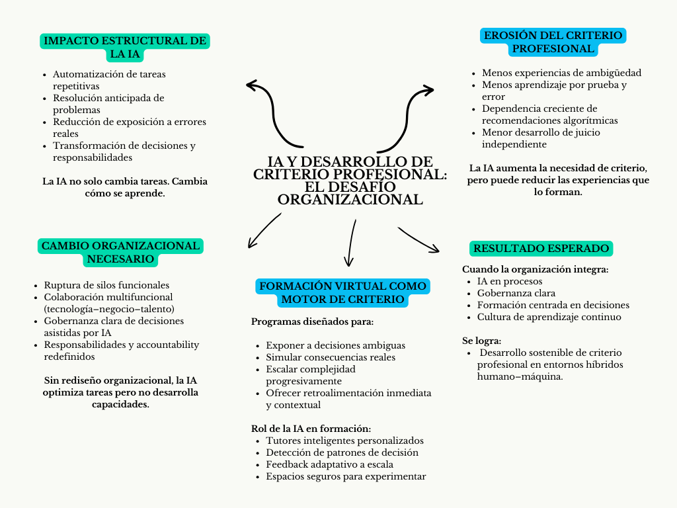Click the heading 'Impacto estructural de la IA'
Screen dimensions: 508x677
pyautogui.click(x=125, y=47)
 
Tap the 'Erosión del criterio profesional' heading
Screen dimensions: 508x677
pyautogui.click(x=553, y=42)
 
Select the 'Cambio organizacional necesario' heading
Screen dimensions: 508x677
pyautogui.click(x=120, y=252)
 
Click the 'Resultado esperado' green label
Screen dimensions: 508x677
pyautogui.click(x=541, y=249)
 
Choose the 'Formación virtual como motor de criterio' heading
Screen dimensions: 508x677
pyautogui.click(x=342, y=293)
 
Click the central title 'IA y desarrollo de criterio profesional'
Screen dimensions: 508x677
pyautogui.click(x=350, y=181)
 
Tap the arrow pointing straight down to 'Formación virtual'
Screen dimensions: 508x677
pyautogui.click(x=350, y=242)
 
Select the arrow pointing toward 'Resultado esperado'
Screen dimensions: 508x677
pyautogui.click(x=418, y=239)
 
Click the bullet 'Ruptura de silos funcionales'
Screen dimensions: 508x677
pyautogui.click(x=106, y=285)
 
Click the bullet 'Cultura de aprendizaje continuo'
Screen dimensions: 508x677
pyautogui.click(x=549, y=317)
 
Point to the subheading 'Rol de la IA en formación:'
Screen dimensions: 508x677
pyautogui.click(x=311, y=429)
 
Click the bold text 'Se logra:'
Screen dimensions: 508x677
pyautogui.click(x=481, y=341)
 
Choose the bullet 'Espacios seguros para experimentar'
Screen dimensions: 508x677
pyautogui.click(x=346, y=476)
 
